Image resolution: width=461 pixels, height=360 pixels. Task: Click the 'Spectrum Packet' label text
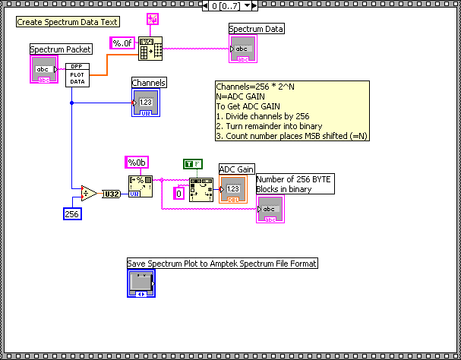[x=61, y=49]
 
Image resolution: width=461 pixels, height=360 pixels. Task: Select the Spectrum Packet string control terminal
[x=43, y=68]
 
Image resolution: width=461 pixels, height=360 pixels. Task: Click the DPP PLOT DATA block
[x=76, y=74]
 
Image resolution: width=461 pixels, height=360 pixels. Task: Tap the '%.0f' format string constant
[x=122, y=43]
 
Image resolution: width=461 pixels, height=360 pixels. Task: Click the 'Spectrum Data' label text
[x=257, y=29]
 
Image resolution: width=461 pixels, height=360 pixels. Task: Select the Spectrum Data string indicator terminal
[x=243, y=49]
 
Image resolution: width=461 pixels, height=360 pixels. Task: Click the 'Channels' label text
[x=148, y=83]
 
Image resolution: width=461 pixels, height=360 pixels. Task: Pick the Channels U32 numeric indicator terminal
[x=147, y=102]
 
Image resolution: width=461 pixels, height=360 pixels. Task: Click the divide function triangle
[x=89, y=194]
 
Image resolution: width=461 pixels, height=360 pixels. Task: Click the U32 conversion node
[x=112, y=194]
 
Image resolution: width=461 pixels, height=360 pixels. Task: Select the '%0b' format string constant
[x=137, y=163]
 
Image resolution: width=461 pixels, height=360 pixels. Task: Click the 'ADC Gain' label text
[x=236, y=169]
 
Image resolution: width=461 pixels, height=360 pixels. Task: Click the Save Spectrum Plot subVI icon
[x=141, y=283]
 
